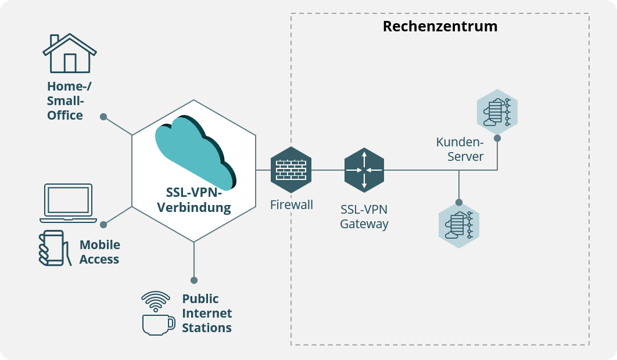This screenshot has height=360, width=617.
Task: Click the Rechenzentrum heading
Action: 440,27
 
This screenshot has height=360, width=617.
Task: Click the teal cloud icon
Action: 195,152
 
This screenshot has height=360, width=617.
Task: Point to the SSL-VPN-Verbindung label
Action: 194,200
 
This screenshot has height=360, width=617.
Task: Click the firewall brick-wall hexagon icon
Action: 291,170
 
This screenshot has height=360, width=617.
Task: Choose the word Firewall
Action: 292,204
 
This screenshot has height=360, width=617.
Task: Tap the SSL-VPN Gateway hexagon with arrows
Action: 364,170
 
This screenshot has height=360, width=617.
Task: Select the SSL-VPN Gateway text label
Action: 364,217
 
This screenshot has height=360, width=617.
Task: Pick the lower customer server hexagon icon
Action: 459,225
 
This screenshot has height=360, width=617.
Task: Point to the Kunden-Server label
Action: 460,149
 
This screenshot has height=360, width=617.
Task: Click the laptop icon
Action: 68,203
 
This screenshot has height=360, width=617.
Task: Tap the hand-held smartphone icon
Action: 51,248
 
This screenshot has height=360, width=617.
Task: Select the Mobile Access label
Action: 99,252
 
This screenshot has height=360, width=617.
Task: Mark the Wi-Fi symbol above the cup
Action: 156,301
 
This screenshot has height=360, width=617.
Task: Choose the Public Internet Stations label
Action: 207,314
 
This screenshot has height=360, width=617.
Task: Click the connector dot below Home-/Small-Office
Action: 103,117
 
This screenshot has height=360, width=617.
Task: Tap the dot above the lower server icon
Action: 459,203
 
